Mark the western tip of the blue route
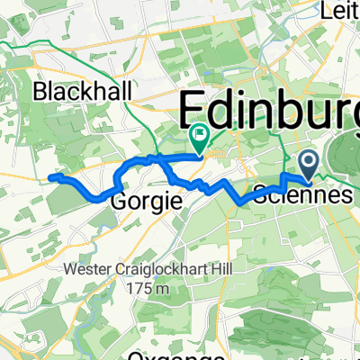pyautogui.click(x=50, y=178)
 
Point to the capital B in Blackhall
pyautogui.click(x=39, y=91)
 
